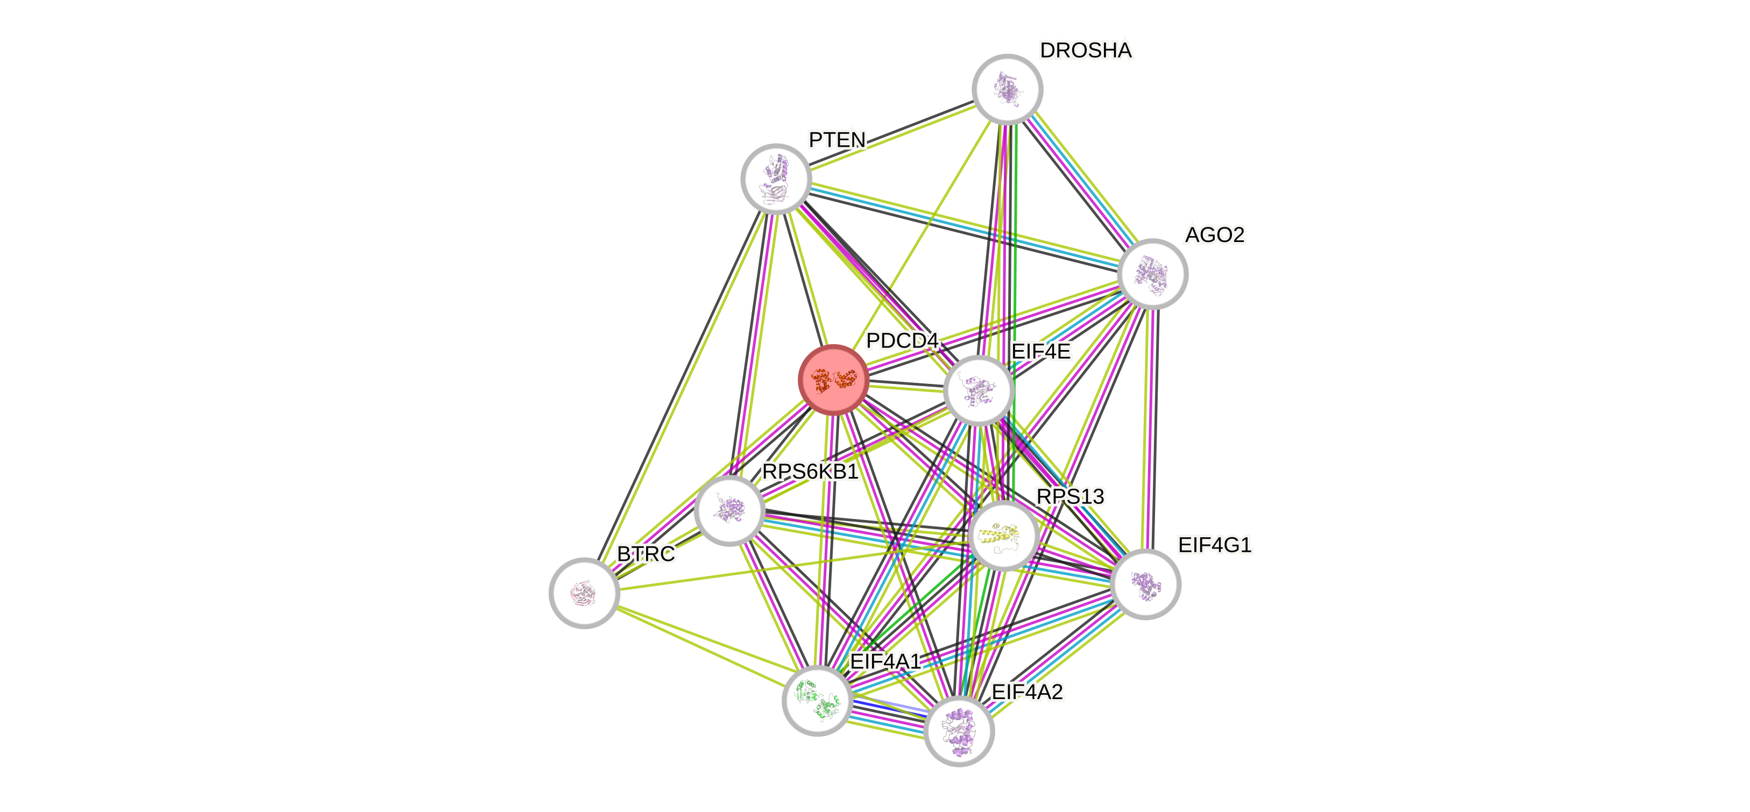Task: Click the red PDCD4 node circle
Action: click(x=833, y=380)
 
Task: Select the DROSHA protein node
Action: click(x=1008, y=89)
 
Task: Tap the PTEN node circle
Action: click(x=776, y=179)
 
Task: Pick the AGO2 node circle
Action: click(x=1152, y=274)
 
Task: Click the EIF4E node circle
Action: click(x=978, y=391)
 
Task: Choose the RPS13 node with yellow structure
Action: click(x=1003, y=536)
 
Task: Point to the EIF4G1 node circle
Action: click(x=1145, y=584)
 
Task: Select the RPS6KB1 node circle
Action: click(x=729, y=510)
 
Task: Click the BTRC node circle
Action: click(x=584, y=593)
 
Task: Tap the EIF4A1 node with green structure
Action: click(x=817, y=700)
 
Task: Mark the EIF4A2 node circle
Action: click(x=959, y=730)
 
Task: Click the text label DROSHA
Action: click(x=1086, y=50)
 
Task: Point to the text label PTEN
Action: click(x=837, y=140)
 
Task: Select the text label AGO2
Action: click(x=1214, y=234)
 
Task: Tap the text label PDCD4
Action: click(x=902, y=340)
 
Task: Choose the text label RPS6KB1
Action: click(x=810, y=471)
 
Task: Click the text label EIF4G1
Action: click(x=1214, y=545)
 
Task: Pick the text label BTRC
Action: click(x=646, y=553)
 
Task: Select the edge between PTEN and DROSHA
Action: click(x=891, y=134)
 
